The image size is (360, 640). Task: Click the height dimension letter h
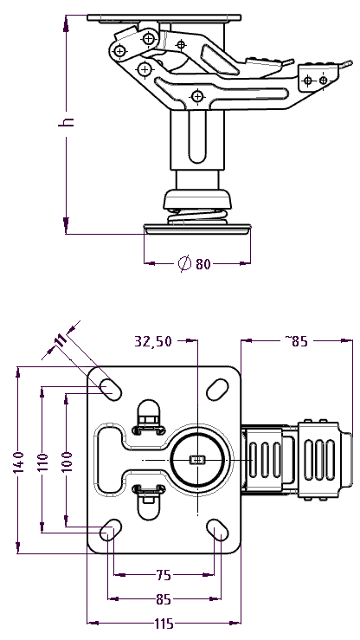coord(67,121)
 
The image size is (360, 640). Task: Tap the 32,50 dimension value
coord(153,341)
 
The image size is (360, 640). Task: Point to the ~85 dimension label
coord(296,341)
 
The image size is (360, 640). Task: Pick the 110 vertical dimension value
coord(42,462)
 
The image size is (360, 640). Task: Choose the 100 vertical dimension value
coord(67,462)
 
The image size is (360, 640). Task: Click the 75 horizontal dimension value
coord(164,575)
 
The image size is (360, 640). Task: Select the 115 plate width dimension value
coord(164,624)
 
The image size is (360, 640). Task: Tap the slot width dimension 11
coord(61,340)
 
